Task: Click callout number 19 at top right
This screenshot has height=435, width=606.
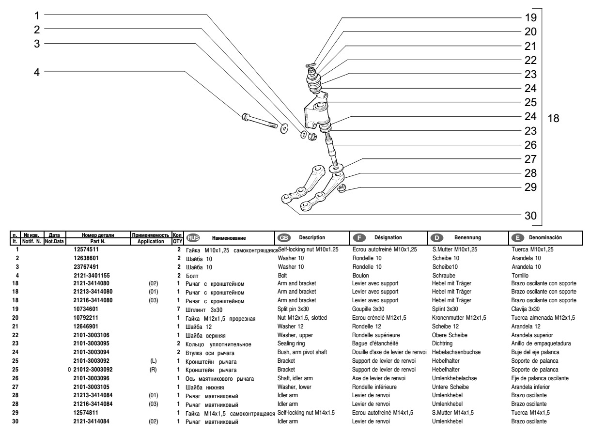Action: [530, 18]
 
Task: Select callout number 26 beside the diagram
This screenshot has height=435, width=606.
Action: [530, 144]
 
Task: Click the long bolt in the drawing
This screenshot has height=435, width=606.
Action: [259, 121]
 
